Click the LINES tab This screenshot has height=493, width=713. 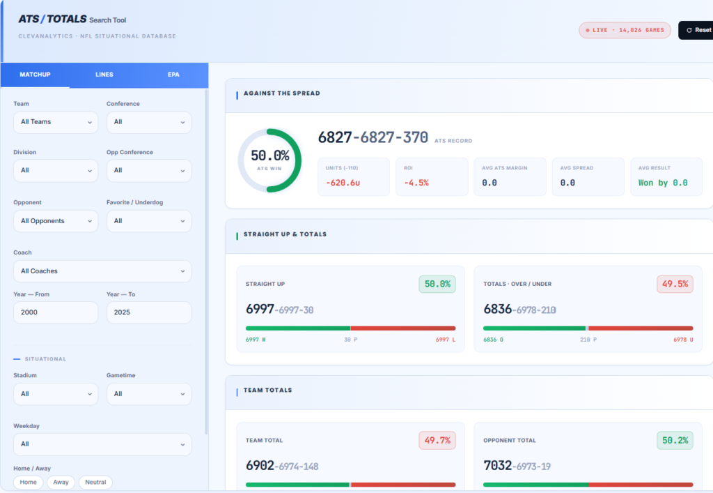click(x=104, y=75)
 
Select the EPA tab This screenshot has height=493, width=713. click(x=173, y=75)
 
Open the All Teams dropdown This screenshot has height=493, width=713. click(x=56, y=122)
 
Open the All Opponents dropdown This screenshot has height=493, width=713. click(x=56, y=221)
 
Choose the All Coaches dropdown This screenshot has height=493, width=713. click(x=102, y=271)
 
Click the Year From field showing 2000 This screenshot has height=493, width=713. click(x=56, y=312)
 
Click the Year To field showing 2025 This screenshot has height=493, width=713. click(x=149, y=312)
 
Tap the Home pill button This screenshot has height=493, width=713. click(x=28, y=482)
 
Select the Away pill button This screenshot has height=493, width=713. click(x=61, y=482)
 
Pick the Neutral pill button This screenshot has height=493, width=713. click(x=95, y=482)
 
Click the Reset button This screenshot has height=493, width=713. click(x=696, y=30)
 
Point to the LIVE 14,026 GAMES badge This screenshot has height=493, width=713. click(x=625, y=30)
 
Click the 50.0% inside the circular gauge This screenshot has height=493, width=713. click(x=270, y=156)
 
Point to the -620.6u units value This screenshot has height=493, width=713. click(x=343, y=183)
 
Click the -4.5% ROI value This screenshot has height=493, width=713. click(x=416, y=183)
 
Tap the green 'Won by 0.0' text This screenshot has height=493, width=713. click(x=663, y=183)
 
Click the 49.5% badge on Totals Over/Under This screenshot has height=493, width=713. click(x=675, y=284)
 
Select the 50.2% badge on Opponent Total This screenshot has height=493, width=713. click(x=675, y=440)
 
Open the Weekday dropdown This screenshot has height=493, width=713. click(x=102, y=444)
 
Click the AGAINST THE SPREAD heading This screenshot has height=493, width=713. click(x=282, y=93)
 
